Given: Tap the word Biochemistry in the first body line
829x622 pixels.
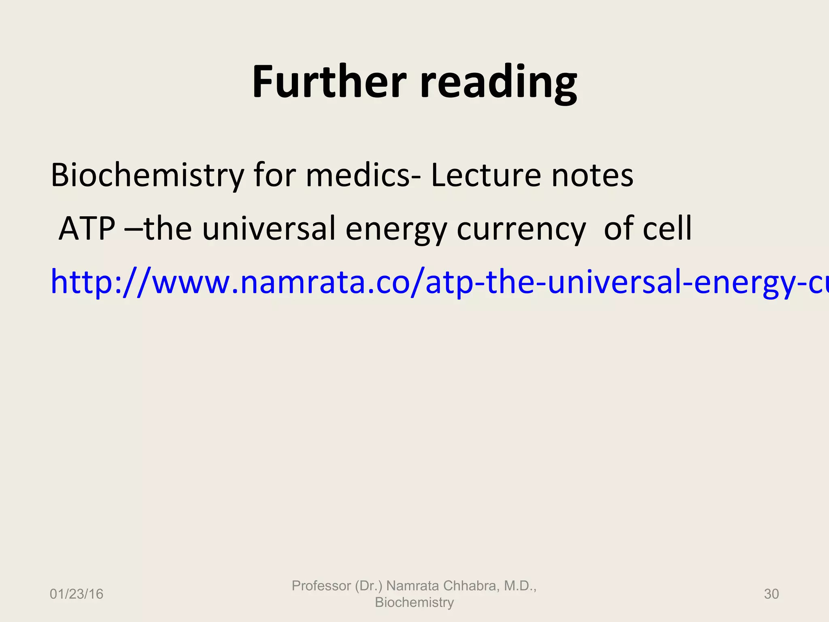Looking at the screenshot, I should (x=147, y=175).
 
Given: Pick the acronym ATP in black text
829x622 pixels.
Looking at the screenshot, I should (x=87, y=229).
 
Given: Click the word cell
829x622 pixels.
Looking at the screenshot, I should (x=667, y=229).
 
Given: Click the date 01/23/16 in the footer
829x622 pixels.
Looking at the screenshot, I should (x=77, y=594).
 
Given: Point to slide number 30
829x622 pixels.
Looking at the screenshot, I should (x=771, y=594).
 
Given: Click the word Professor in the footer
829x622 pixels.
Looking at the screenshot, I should (x=321, y=586).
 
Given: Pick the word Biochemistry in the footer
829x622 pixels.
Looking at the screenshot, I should (x=414, y=602).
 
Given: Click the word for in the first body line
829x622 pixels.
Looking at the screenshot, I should (x=275, y=175).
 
